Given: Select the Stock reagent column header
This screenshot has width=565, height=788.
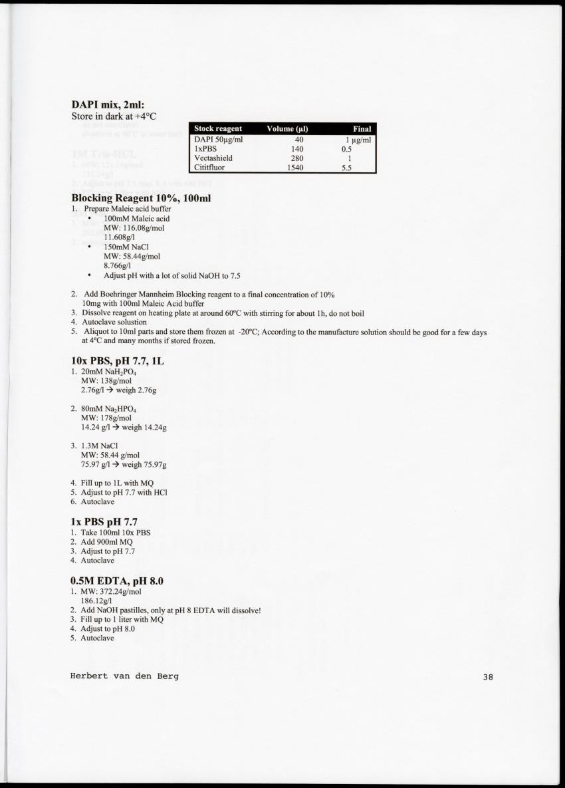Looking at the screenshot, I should coord(218,129).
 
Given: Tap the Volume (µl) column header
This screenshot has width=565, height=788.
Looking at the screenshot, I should coord(287,129).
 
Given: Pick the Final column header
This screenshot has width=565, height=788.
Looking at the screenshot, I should coord(362,129).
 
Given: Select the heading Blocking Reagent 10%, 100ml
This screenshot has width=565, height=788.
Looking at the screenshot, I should coord(141,197).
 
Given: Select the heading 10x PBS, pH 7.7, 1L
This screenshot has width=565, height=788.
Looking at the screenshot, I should coord(117,360).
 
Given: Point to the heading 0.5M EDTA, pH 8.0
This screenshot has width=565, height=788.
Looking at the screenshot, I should coord(117,581).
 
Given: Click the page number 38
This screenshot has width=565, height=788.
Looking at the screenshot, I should coord(489,677).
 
